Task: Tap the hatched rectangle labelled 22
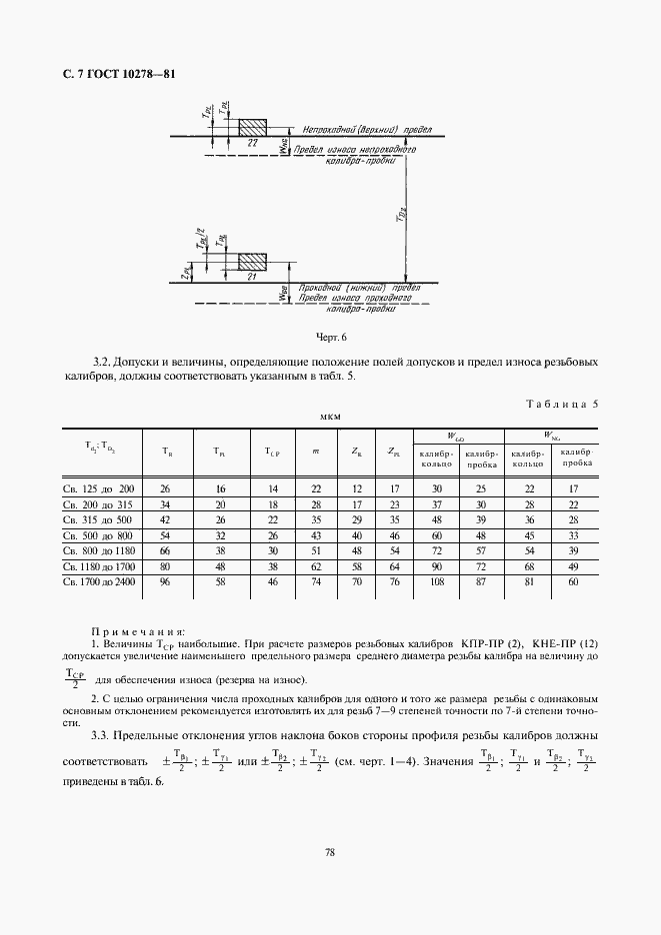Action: click(252, 128)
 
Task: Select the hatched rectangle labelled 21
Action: click(252, 262)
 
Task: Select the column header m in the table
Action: click(315, 452)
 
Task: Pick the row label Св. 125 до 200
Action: click(98, 488)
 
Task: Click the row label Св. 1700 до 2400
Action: click(98, 580)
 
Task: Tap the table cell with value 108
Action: click(436, 580)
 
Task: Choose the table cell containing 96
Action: click(165, 580)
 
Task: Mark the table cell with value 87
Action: click(482, 580)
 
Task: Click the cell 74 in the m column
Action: click(315, 580)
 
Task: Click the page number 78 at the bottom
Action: click(329, 852)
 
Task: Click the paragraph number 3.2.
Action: click(100, 361)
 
